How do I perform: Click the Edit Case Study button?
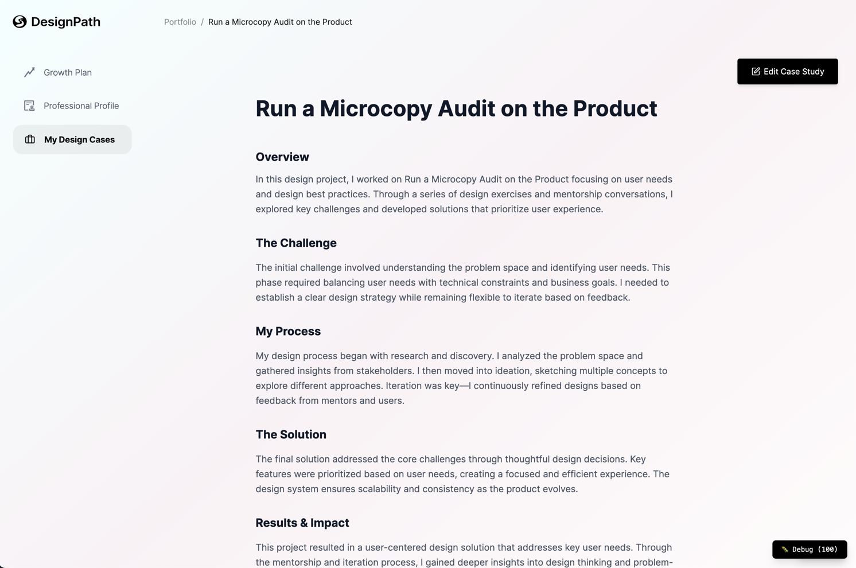[x=787, y=72]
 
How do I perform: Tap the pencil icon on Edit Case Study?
[x=756, y=72]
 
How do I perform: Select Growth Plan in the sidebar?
[x=68, y=73]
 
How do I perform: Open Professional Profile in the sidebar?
[x=81, y=106]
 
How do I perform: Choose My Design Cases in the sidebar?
[x=79, y=140]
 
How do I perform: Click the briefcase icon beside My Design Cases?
[x=30, y=139]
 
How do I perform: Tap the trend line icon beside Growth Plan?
[x=29, y=72]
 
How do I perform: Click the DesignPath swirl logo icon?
[x=20, y=22]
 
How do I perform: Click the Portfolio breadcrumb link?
[x=180, y=22]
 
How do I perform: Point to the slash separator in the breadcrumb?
[x=202, y=22]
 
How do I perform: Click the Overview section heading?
[x=282, y=157]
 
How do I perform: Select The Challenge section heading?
[x=296, y=243]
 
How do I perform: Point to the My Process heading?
[x=288, y=332]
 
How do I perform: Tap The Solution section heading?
[x=291, y=435]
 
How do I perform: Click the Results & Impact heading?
[x=302, y=523]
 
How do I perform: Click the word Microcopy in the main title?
[x=376, y=109]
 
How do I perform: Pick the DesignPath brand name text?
[x=65, y=22]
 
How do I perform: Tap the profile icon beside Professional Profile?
[x=29, y=106]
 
